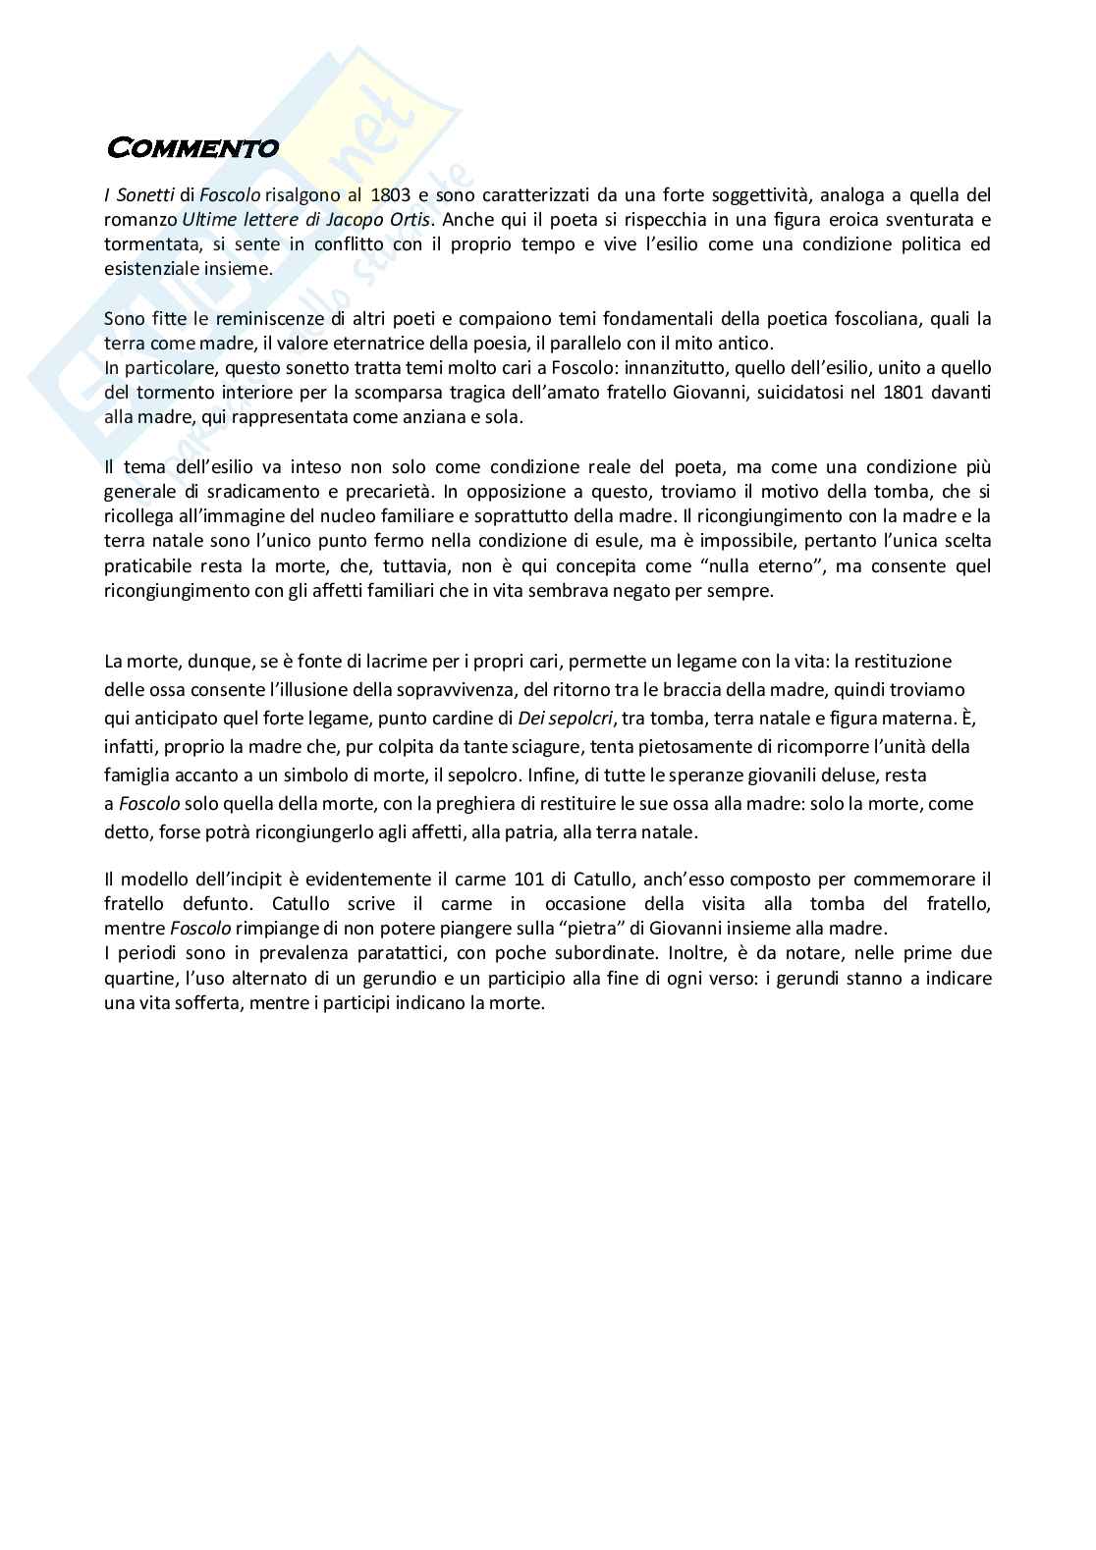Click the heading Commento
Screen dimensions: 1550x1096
(x=192, y=148)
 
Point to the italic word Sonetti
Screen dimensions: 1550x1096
(x=143, y=194)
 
